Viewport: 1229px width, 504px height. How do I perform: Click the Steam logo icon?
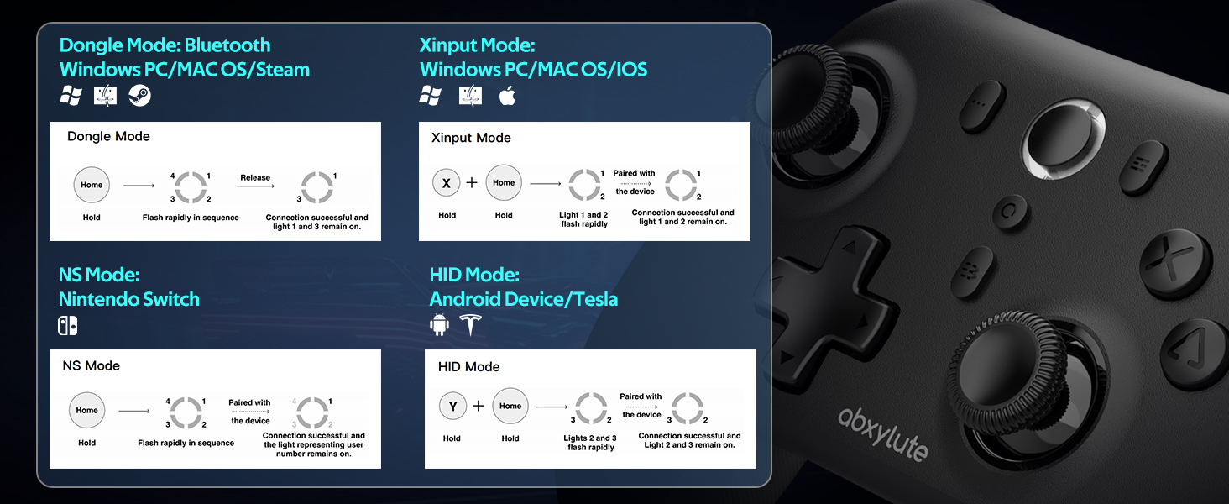click(139, 96)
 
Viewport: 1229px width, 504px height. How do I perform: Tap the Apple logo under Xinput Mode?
click(507, 96)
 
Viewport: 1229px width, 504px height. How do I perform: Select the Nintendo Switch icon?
click(68, 325)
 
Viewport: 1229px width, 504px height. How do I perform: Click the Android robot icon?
click(440, 325)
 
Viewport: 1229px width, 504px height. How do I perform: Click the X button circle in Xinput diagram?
click(447, 183)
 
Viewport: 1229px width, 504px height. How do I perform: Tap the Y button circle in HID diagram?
click(452, 407)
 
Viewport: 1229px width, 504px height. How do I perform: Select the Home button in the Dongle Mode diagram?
click(92, 185)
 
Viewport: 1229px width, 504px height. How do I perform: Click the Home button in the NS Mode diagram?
click(87, 410)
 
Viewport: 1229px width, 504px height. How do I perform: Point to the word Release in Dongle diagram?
click(255, 177)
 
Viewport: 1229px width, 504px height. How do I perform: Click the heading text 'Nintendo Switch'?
click(129, 299)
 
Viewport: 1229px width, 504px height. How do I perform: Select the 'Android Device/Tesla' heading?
click(523, 299)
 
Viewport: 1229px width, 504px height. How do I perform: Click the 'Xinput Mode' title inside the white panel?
click(471, 138)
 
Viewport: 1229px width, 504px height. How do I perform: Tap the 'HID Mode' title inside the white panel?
click(468, 367)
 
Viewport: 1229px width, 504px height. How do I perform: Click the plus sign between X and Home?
click(472, 182)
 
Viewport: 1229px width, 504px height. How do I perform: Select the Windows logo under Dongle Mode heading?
click(71, 96)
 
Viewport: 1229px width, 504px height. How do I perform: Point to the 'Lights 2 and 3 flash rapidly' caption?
click(591, 443)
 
